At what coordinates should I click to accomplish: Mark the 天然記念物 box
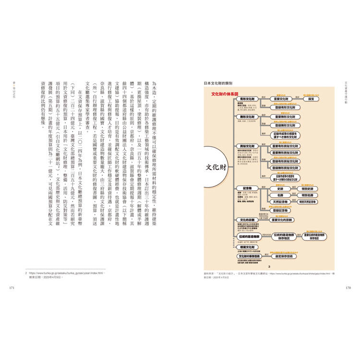pos(282,203)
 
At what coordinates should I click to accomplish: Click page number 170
pos(349,288)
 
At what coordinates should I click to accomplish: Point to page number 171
pos(12,288)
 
